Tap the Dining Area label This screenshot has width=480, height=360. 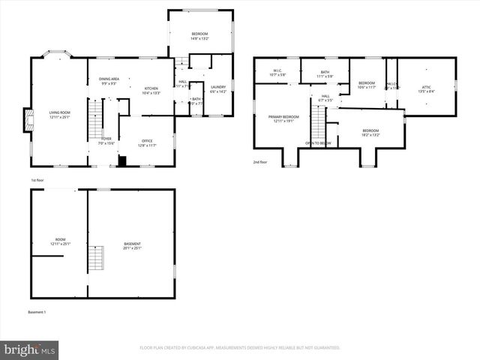pos(108,80)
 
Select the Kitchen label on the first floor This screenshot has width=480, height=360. pos(151,91)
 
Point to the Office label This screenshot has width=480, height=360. pos(145,143)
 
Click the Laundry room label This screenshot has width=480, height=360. pos(218,88)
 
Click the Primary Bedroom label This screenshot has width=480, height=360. pos(283,118)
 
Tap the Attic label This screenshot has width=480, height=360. pos(426,88)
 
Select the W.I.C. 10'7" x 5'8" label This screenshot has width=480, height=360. pos(277,73)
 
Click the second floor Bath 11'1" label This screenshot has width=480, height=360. pos(325,74)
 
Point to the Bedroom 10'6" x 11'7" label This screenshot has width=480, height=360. pos(367,84)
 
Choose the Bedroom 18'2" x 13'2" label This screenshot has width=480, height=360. pos(371,133)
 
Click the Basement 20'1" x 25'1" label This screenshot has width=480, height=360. pos(132,245)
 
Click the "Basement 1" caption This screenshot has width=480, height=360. pos(37,311)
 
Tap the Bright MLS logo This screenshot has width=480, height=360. pos(30,349)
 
